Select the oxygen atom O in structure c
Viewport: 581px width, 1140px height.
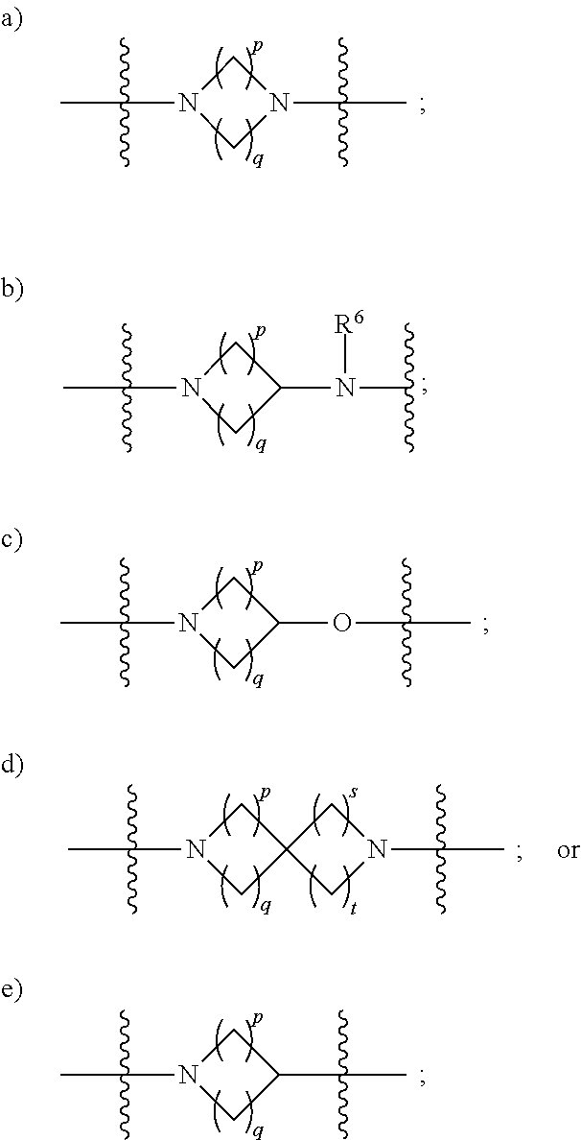[x=341, y=623]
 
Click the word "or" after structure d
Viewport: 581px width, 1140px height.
[x=568, y=850]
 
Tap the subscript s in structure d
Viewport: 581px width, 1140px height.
[x=352, y=794]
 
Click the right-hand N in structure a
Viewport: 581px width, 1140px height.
[x=278, y=104]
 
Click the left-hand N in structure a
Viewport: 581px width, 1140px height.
[x=187, y=104]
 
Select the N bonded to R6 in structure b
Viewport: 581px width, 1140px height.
[x=346, y=389]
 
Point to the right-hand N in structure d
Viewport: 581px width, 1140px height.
[x=376, y=848]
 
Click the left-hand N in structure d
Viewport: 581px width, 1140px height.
[x=193, y=848]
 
